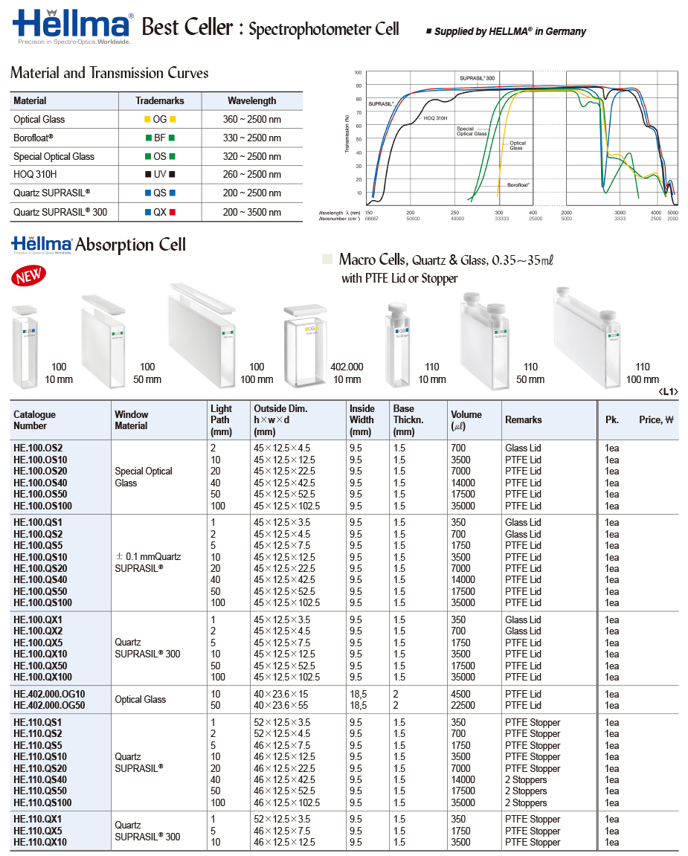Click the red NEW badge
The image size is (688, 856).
point(28,275)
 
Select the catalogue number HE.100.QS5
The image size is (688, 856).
point(37,545)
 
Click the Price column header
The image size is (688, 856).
point(655,419)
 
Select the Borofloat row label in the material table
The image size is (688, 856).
point(33,138)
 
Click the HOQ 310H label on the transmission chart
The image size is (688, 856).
point(435,118)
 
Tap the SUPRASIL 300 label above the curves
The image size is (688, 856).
point(477,78)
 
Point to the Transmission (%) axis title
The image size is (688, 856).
point(347,134)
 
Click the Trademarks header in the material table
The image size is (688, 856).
point(159,100)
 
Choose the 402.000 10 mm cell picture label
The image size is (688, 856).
point(347,373)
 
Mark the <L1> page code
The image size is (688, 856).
point(668,391)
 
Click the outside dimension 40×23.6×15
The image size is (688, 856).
point(280,694)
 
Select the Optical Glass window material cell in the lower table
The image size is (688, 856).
point(141,699)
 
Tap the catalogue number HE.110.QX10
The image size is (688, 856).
point(40,842)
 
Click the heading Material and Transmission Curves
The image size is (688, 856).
point(109,73)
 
